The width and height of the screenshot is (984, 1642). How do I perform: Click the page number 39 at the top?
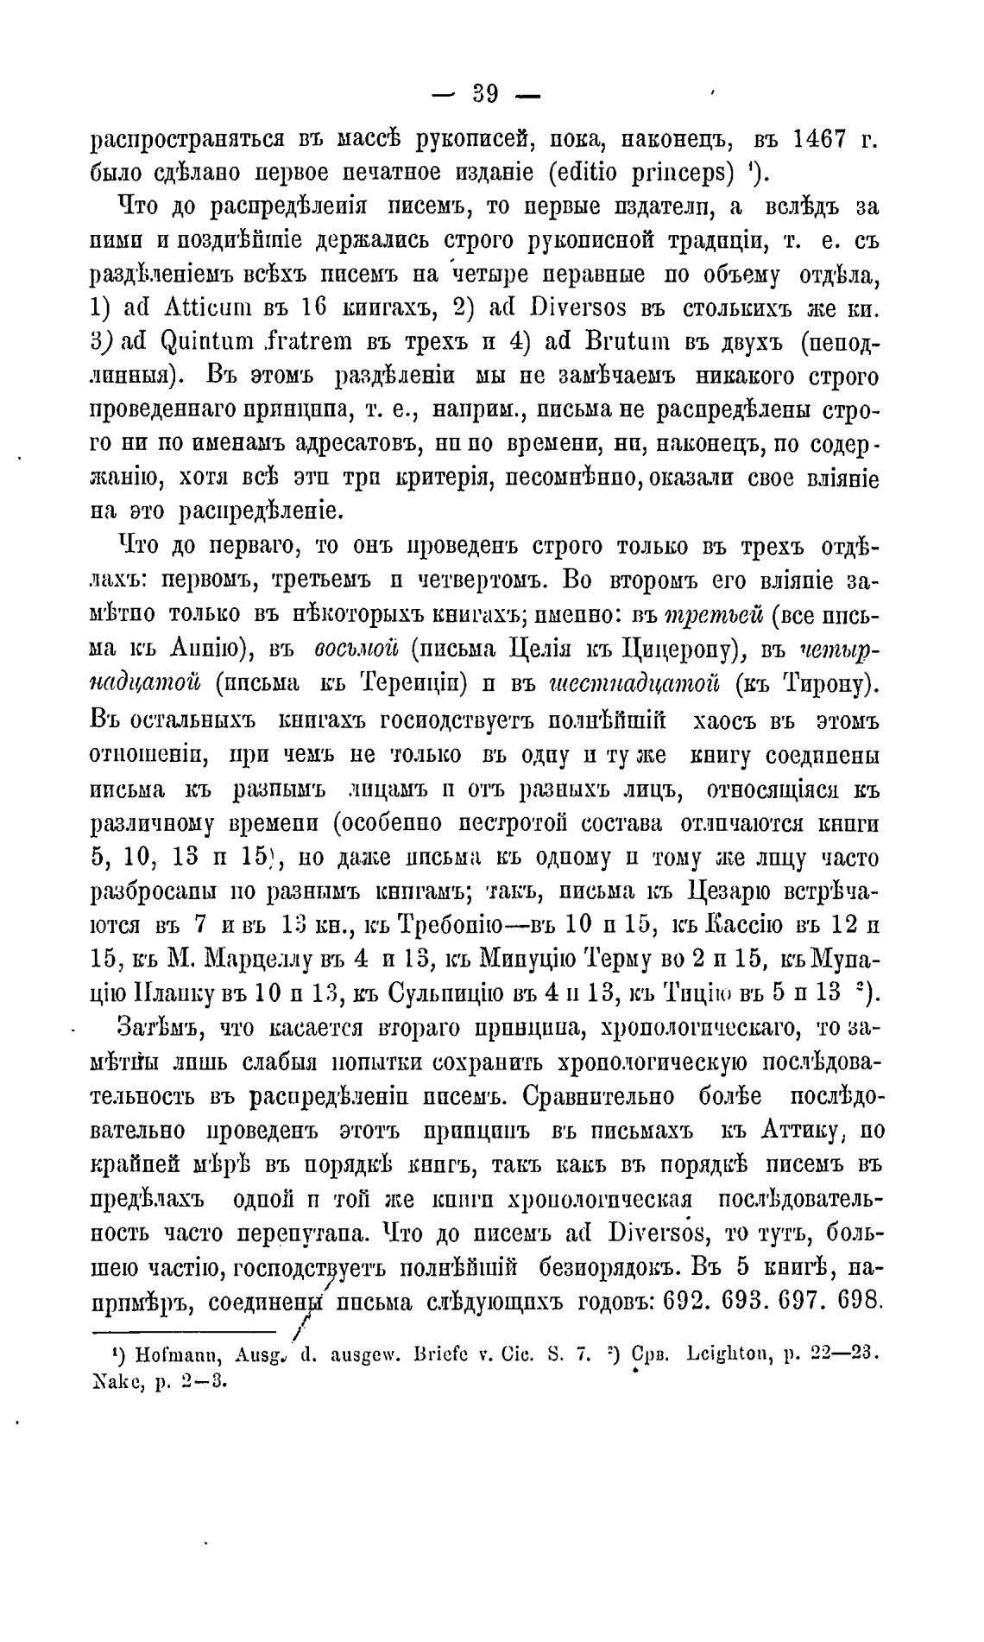pyautogui.click(x=485, y=93)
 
